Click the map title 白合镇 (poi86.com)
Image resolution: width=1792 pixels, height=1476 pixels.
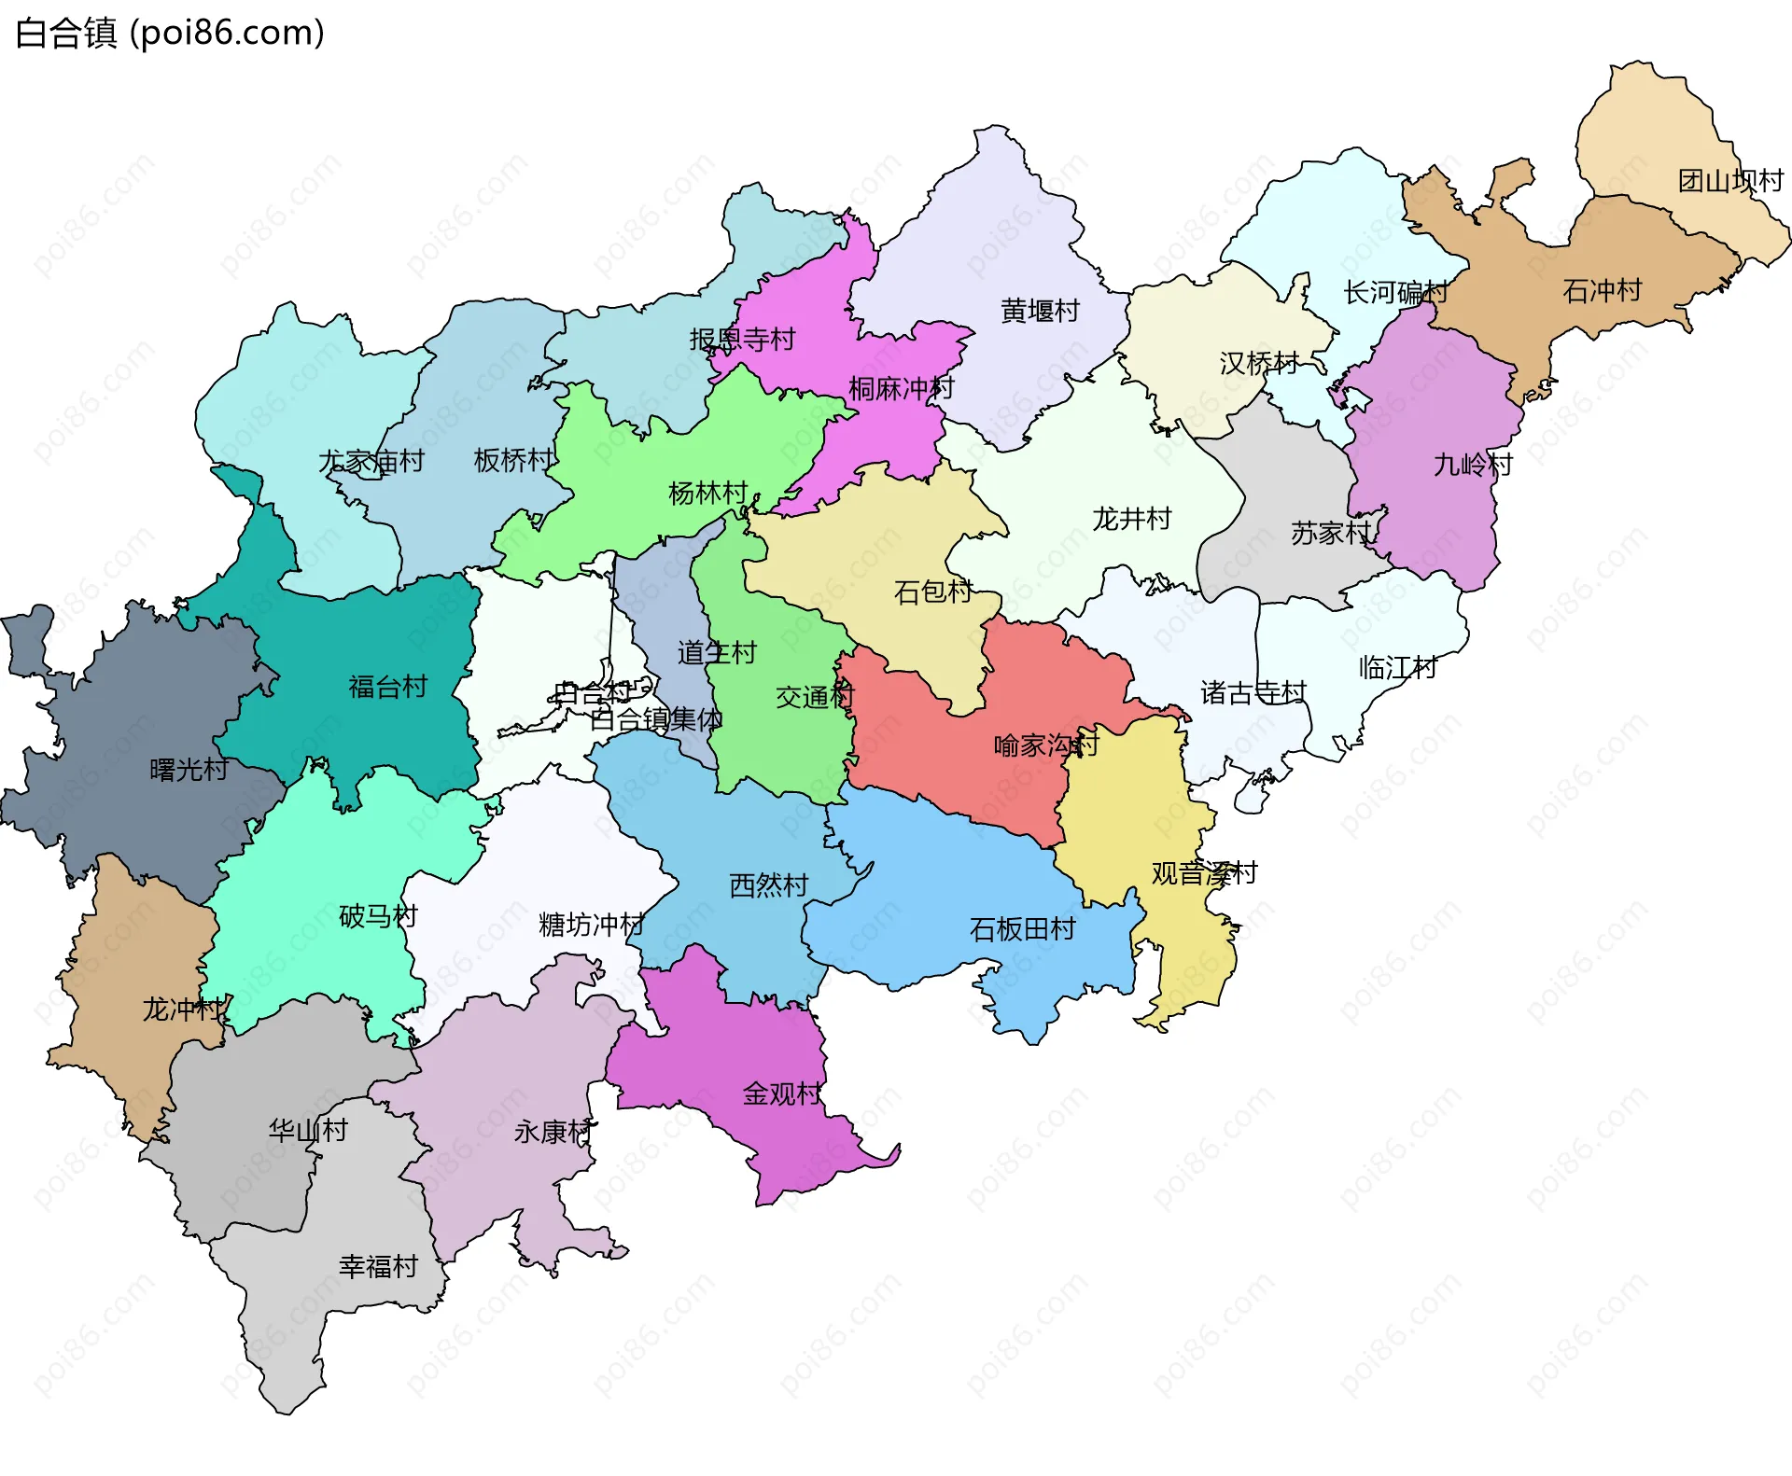point(170,34)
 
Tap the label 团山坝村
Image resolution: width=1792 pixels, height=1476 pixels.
point(1729,180)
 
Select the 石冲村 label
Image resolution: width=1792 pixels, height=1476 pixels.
point(1602,290)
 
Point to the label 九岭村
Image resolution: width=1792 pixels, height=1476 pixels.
point(1472,464)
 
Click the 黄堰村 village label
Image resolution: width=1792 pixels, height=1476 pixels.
point(1040,310)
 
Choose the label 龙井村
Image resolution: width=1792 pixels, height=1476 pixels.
point(1131,518)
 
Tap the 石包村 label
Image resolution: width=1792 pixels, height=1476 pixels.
point(932,592)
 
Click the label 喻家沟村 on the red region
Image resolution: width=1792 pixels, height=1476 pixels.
point(1045,745)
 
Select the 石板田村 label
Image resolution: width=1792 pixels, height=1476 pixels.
point(1022,928)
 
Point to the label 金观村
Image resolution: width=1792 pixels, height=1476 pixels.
point(782,1093)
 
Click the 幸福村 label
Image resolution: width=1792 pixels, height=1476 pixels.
point(378,1266)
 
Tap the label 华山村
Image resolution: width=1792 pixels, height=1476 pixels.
point(308,1130)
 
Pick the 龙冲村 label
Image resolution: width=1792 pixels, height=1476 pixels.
point(182,1009)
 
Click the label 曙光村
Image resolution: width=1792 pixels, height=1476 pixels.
point(189,770)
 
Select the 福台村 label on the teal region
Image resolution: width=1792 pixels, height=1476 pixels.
point(387,687)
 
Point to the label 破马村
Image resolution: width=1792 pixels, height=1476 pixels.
point(378,915)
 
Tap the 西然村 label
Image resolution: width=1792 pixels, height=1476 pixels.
point(768,884)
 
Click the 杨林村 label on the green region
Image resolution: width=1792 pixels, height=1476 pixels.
point(708,493)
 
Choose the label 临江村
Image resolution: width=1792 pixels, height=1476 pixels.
point(1397,667)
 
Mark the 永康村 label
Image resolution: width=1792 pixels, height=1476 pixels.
point(553,1131)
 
